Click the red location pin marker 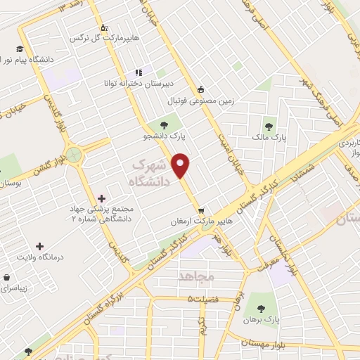(x=181, y=166)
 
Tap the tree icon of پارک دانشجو (x=172, y=124)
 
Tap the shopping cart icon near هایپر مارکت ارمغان (x=201, y=210)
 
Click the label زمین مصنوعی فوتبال (x=238, y=101)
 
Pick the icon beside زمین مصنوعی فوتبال (x=201, y=89)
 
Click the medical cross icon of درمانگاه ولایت (x=39, y=247)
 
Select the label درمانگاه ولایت (x=40, y=257)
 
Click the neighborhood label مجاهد (x=196, y=276)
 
